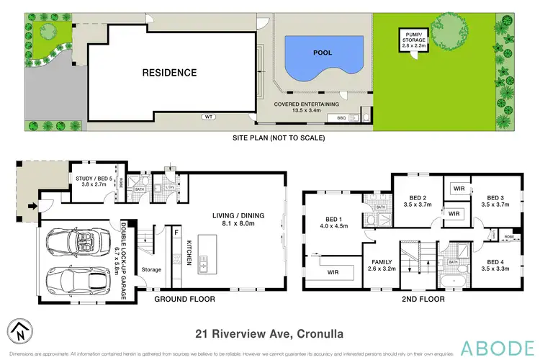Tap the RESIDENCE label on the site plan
click(168, 72)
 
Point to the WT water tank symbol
click(209, 116)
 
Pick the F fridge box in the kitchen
click(176, 232)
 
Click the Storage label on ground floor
click(151, 270)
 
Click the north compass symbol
click(17, 333)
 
